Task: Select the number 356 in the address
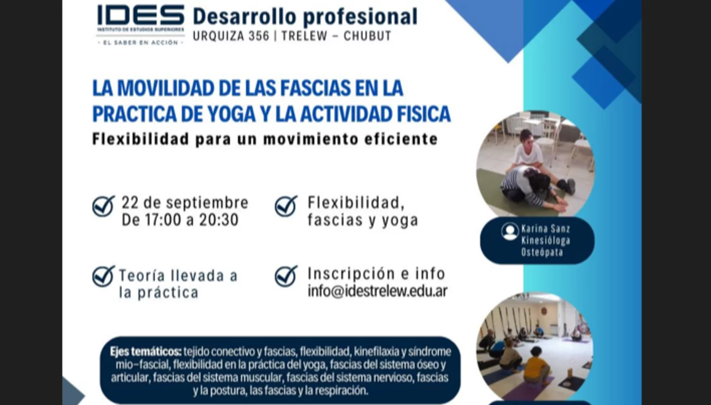pyautogui.click(x=259, y=36)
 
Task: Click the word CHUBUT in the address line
pyautogui.click(x=367, y=36)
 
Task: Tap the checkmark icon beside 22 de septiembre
pyautogui.click(x=103, y=206)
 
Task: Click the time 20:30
pyautogui.click(x=218, y=220)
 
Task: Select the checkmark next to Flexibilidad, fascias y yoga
pyautogui.click(x=286, y=206)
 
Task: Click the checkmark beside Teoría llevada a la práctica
pyautogui.click(x=103, y=276)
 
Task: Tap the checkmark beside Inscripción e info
pyautogui.click(x=286, y=276)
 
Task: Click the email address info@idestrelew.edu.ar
pyautogui.click(x=377, y=291)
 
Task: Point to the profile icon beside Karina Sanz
pyautogui.click(x=510, y=231)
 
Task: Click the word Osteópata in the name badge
pyautogui.click(x=542, y=253)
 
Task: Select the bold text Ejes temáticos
pyautogui.click(x=145, y=351)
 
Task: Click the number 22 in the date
pyautogui.click(x=130, y=202)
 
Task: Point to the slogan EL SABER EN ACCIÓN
pyautogui.click(x=141, y=43)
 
